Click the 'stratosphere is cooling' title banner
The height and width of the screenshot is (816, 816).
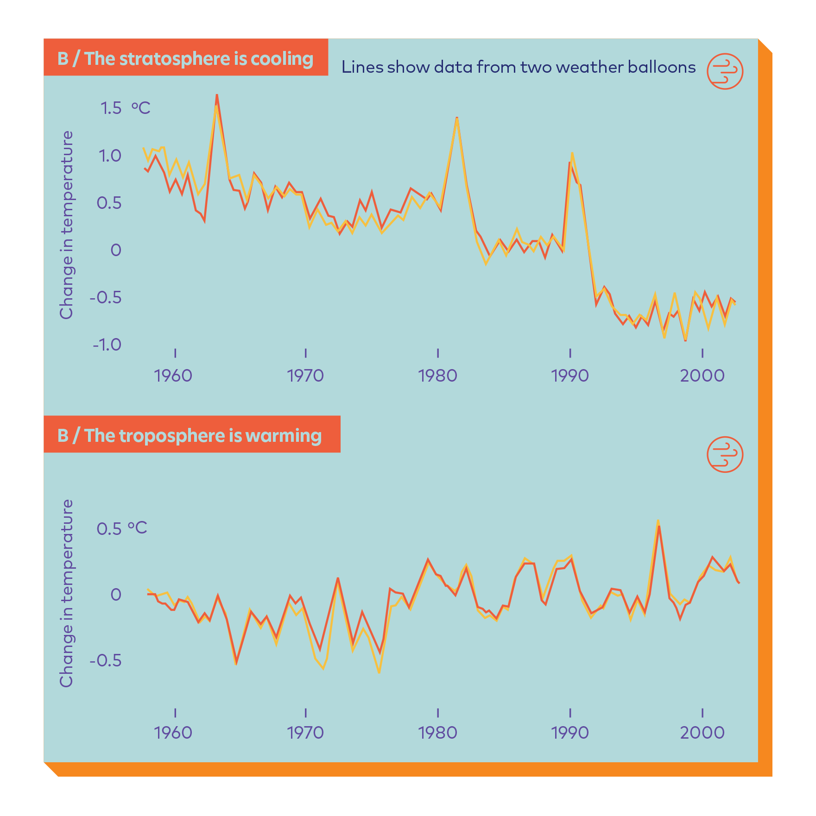point(185,58)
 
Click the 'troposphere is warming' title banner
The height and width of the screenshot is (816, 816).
point(191,435)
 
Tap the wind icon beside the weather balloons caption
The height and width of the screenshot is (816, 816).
point(725,71)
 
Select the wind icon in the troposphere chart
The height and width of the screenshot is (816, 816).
point(725,454)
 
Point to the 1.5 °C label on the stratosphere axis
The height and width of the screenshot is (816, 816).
point(125,108)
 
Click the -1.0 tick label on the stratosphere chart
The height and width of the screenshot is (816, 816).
point(107,345)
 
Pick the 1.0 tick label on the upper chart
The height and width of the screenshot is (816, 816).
point(110,156)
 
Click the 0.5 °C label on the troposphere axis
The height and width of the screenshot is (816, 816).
point(121,528)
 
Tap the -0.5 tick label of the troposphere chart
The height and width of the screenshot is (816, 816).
point(106,660)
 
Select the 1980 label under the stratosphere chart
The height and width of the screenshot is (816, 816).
point(437,375)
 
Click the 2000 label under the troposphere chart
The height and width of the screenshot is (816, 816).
point(702,732)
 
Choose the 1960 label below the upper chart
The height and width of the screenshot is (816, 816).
point(173,375)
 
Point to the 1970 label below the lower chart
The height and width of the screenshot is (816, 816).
point(305,732)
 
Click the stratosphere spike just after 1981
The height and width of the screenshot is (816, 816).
point(457,119)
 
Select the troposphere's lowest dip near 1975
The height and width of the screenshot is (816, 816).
point(380,672)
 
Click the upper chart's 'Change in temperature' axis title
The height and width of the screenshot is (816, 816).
point(67,225)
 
